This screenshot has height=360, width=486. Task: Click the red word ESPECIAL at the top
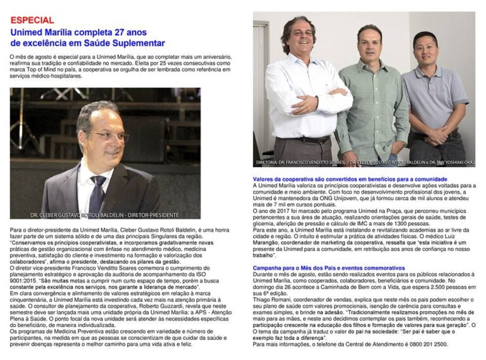coord(32,20)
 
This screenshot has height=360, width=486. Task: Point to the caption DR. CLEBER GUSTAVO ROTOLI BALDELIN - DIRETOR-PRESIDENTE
coord(105,214)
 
